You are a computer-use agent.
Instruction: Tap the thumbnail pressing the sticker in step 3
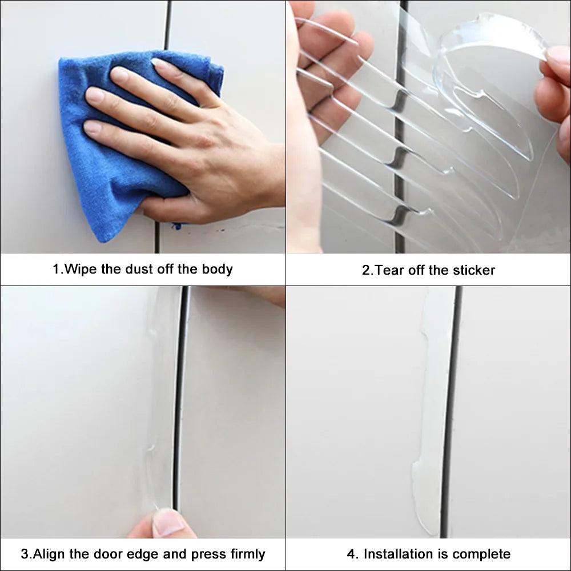point(168,522)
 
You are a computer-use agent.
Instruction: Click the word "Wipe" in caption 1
point(81,269)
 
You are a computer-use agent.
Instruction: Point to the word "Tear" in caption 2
point(389,270)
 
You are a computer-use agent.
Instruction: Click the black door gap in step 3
point(180,400)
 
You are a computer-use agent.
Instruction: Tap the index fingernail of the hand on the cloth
point(120,74)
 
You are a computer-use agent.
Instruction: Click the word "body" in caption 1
point(217,269)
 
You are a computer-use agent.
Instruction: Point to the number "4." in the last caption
point(353,554)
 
